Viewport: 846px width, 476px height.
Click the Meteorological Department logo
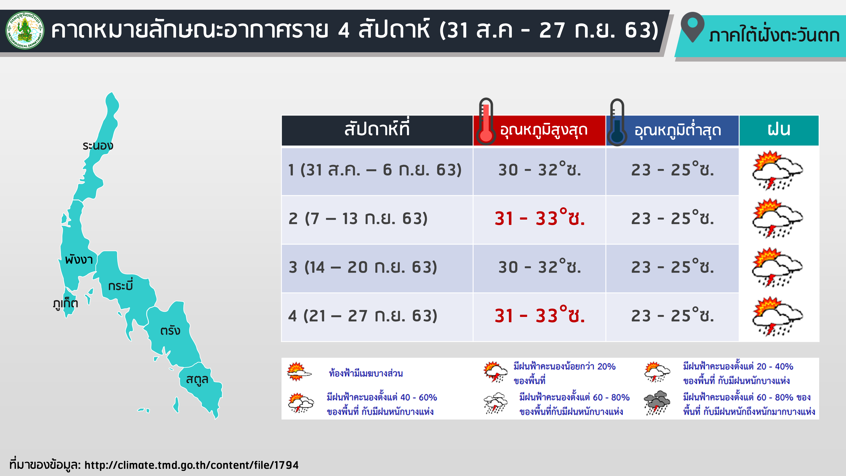tap(25, 30)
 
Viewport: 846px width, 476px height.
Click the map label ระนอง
tap(98, 146)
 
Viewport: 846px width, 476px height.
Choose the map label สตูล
tap(197, 379)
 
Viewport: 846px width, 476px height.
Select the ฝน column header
tap(779, 130)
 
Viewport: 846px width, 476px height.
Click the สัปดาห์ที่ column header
tap(377, 130)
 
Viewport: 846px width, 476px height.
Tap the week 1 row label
tap(375, 170)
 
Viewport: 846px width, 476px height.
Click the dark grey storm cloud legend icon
tap(657, 403)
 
